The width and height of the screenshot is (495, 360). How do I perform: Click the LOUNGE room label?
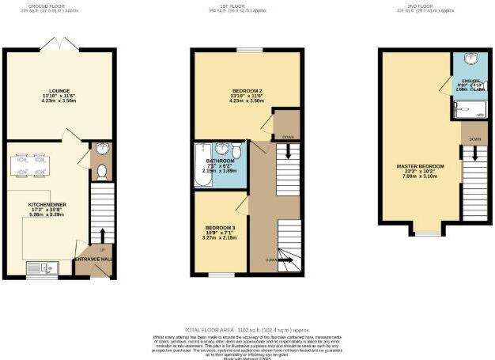56,89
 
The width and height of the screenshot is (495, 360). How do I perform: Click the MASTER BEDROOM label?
419,166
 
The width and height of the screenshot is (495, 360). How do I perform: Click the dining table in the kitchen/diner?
31,166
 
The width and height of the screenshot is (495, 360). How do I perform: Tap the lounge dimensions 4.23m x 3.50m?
56,100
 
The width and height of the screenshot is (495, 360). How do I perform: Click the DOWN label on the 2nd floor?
474,139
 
